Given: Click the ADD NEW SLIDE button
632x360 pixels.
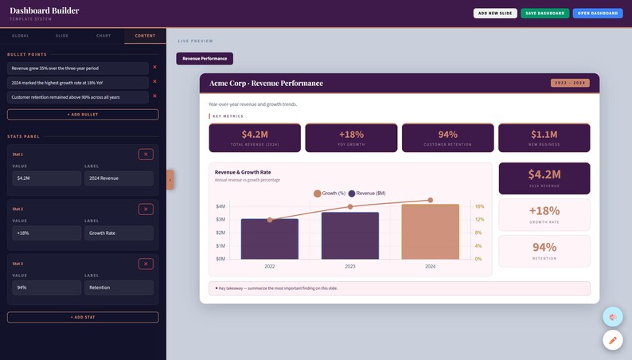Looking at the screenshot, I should pyautogui.click(x=495, y=14).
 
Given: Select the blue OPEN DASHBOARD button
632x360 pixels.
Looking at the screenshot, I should pyautogui.click(x=597, y=14).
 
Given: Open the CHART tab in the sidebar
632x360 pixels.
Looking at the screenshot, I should pyautogui.click(x=103, y=36).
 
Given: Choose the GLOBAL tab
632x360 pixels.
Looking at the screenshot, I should pyautogui.click(x=21, y=36).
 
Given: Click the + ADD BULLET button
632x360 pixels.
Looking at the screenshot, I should pyautogui.click(x=83, y=115).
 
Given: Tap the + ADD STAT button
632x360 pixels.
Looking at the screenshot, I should pyautogui.click(x=83, y=317).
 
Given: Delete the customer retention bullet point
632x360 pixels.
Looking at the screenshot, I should pyautogui.click(x=154, y=96).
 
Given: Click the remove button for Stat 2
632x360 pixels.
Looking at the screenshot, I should pyautogui.click(x=146, y=209).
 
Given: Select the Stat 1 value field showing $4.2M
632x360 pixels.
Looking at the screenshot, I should pyautogui.click(x=47, y=178).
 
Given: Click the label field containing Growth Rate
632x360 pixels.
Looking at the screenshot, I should pyautogui.click(x=119, y=233).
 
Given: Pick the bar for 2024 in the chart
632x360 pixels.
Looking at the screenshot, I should pyautogui.click(x=430, y=232).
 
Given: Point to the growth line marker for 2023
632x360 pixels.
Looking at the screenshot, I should pyautogui.click(x=350, y=207).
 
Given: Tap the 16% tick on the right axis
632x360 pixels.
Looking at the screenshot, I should pyautogui.click(x=479, y=206).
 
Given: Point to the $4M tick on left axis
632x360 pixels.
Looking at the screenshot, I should pyautogui.click(x=220, y=206).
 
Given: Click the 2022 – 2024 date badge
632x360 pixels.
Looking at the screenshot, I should pyautogui.click(x=570, y=83).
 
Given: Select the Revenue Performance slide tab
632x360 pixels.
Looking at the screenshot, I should pyautogui.click(x=205, y=58).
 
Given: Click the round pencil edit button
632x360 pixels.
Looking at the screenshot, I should pyautogui.click(x=612, y=340).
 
